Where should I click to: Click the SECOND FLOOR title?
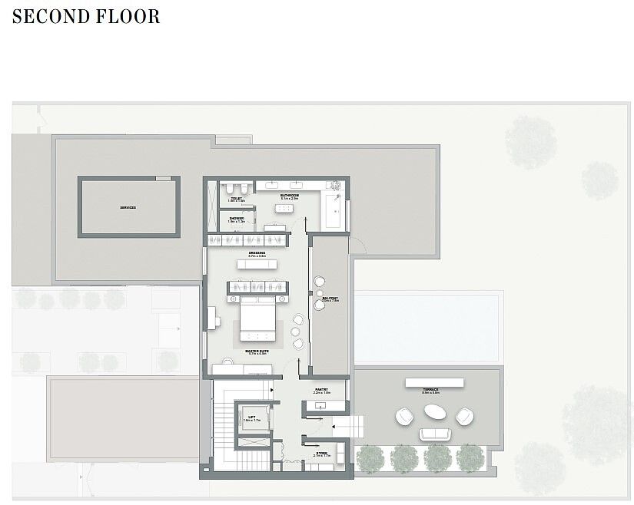(86, 17)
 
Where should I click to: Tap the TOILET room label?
(236, 198)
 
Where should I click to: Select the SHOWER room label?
(236, 218)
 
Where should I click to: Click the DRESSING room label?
(257, 253)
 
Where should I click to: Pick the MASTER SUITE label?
(257, 352)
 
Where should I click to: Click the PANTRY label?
(322, 390)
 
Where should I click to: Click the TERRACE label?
(431, 390)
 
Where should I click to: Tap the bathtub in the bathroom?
(334, 211)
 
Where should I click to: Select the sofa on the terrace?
(435, 434)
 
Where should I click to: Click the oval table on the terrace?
(434, 412)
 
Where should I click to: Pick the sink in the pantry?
(321, 405)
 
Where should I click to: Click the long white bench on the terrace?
(434, 381)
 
